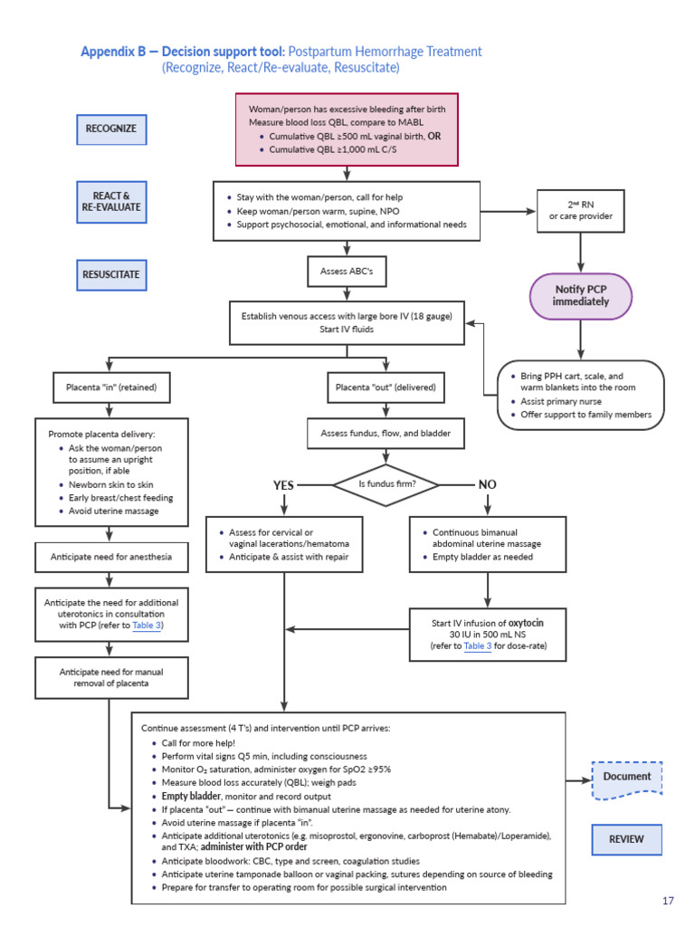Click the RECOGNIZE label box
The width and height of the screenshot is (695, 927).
110,129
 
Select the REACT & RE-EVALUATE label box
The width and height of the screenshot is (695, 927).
110,201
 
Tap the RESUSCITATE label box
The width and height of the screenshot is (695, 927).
110,273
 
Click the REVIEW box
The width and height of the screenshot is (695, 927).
626,839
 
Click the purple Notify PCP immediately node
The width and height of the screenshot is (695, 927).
581,295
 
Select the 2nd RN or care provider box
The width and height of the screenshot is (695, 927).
580,210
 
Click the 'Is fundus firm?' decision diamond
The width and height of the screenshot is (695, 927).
386,484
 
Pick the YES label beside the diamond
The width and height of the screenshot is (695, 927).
284,485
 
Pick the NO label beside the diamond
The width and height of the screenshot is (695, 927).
487,485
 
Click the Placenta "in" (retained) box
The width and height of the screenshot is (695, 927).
111,388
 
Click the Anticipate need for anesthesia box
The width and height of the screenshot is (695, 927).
111,557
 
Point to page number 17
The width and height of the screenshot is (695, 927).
668,900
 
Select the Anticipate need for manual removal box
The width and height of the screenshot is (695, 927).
111,678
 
